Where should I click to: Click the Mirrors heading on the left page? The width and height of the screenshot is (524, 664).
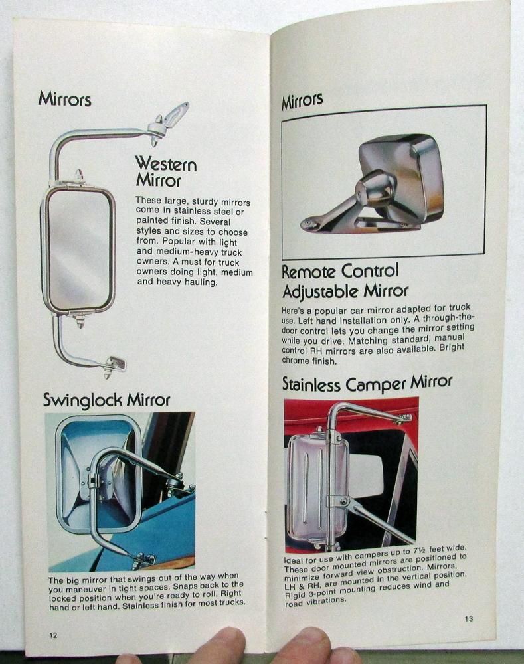click(x=64, y=99)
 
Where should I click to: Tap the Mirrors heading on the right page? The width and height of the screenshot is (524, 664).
click(x=302, y=102)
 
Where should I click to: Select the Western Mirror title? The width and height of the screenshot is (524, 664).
click(x=165, y=171)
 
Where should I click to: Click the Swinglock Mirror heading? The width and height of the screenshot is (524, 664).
click(x=106, y=400)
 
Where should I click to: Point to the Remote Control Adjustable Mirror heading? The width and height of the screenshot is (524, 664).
click(x=345, y=281)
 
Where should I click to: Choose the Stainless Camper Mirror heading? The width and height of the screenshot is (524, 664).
click(x=367, y=383)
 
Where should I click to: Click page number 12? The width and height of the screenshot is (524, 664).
click(x=53, y=635)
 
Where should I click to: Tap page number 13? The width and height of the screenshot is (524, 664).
click(x=469, y=619)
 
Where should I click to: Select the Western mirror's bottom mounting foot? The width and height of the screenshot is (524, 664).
click(x=114, y=363)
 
